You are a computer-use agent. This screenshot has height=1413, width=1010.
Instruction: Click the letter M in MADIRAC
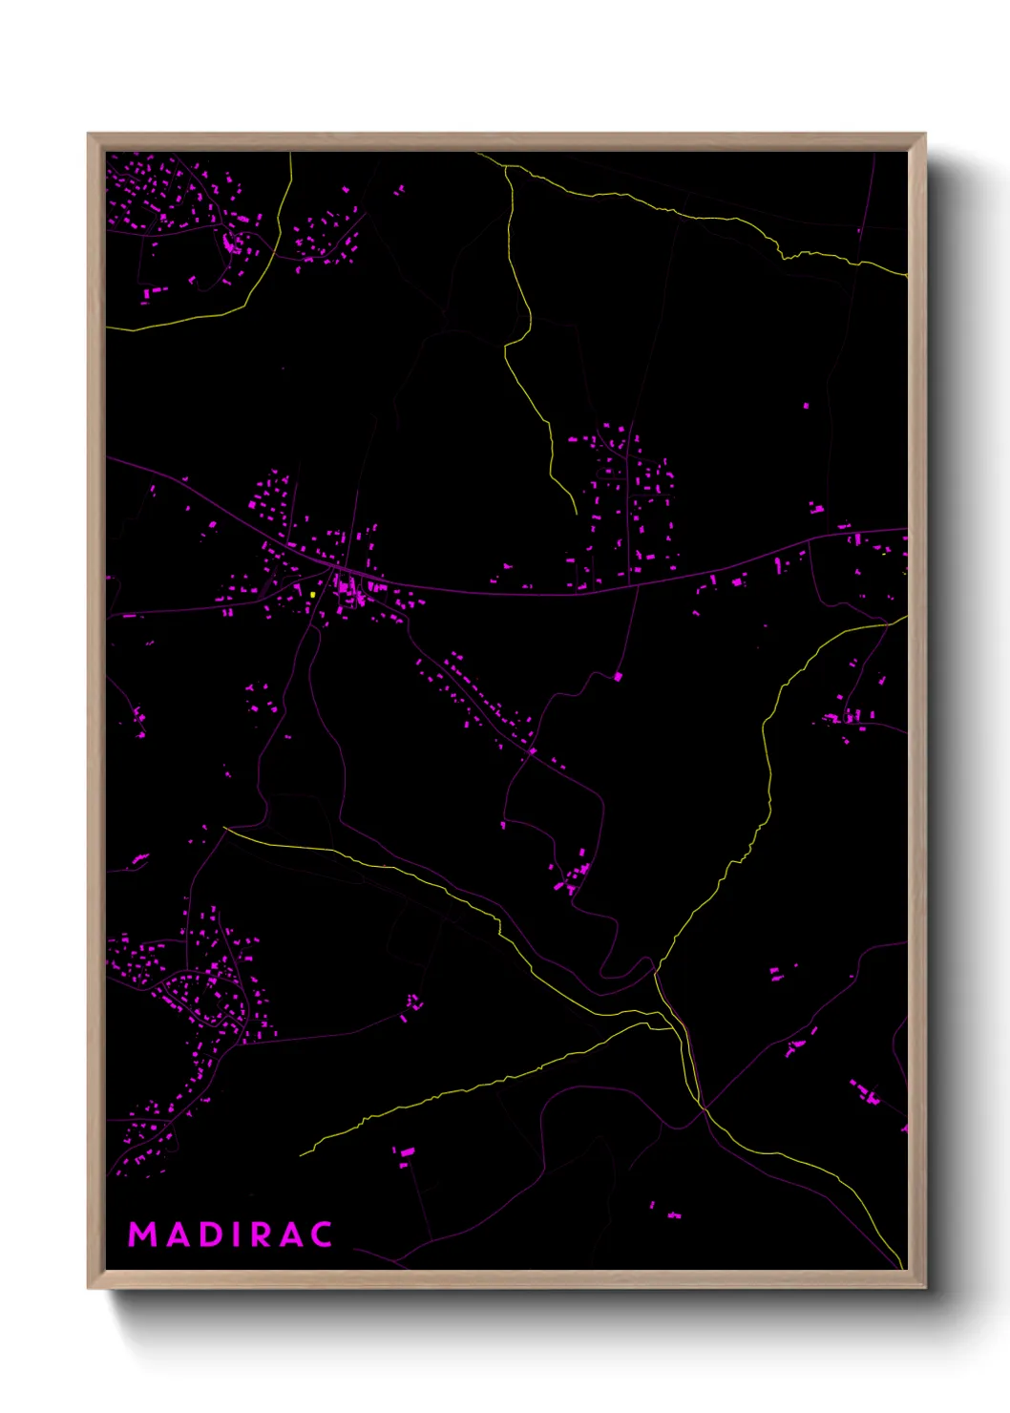pos(142,1234)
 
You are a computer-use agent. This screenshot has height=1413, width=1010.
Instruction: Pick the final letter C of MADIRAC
pos(321,1234)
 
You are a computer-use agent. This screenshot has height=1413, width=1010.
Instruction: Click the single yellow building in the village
pos(313,594)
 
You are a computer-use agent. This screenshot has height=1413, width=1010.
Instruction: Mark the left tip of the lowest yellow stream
pos(301,1154)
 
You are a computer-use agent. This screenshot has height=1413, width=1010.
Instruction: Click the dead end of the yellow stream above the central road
pos(576,514)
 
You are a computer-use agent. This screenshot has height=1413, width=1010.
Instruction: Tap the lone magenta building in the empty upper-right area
pos(806,406)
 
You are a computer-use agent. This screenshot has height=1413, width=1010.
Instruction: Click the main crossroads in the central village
pos(335,572)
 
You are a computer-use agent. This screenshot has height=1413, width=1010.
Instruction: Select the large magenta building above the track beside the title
pos(407,1152)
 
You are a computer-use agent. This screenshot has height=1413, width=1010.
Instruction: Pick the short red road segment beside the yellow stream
pos(689,1050)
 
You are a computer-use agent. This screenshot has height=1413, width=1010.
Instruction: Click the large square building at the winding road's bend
pos(618,677)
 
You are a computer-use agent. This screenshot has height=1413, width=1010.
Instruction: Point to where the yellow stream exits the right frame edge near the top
pos(905,275)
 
